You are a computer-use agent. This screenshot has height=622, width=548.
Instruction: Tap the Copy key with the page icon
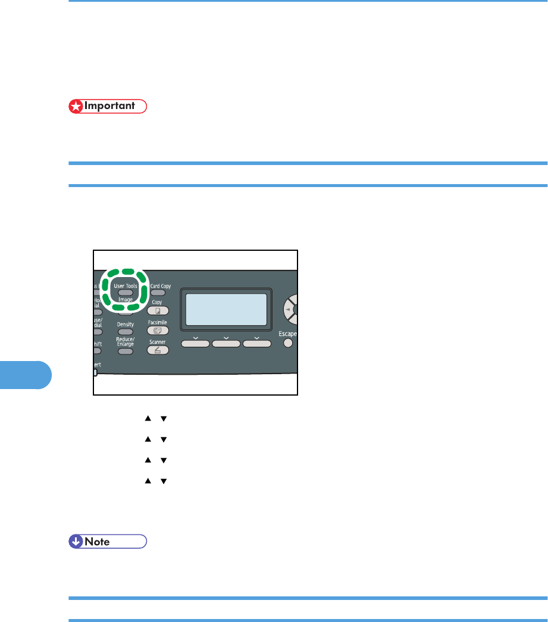pos(158,311)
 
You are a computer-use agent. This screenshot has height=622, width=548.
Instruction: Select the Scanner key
pos(158,350)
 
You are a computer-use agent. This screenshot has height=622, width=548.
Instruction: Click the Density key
pos(125,332)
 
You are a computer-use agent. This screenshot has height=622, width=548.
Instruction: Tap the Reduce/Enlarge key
pos(125,352)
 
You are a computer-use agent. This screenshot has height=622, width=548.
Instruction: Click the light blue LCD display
pos(226,310)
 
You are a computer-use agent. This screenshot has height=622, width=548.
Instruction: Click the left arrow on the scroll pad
pos(284,310)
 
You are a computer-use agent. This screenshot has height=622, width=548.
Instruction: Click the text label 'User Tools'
pos(124,286)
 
